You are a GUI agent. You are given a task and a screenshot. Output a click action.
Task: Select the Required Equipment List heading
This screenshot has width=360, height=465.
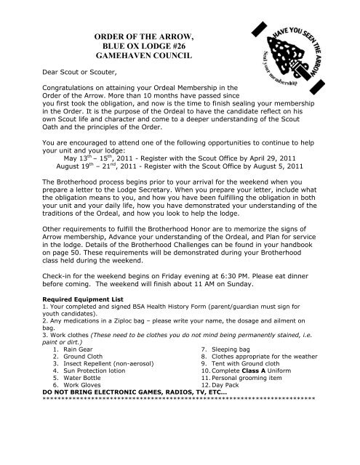[75, 318]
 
